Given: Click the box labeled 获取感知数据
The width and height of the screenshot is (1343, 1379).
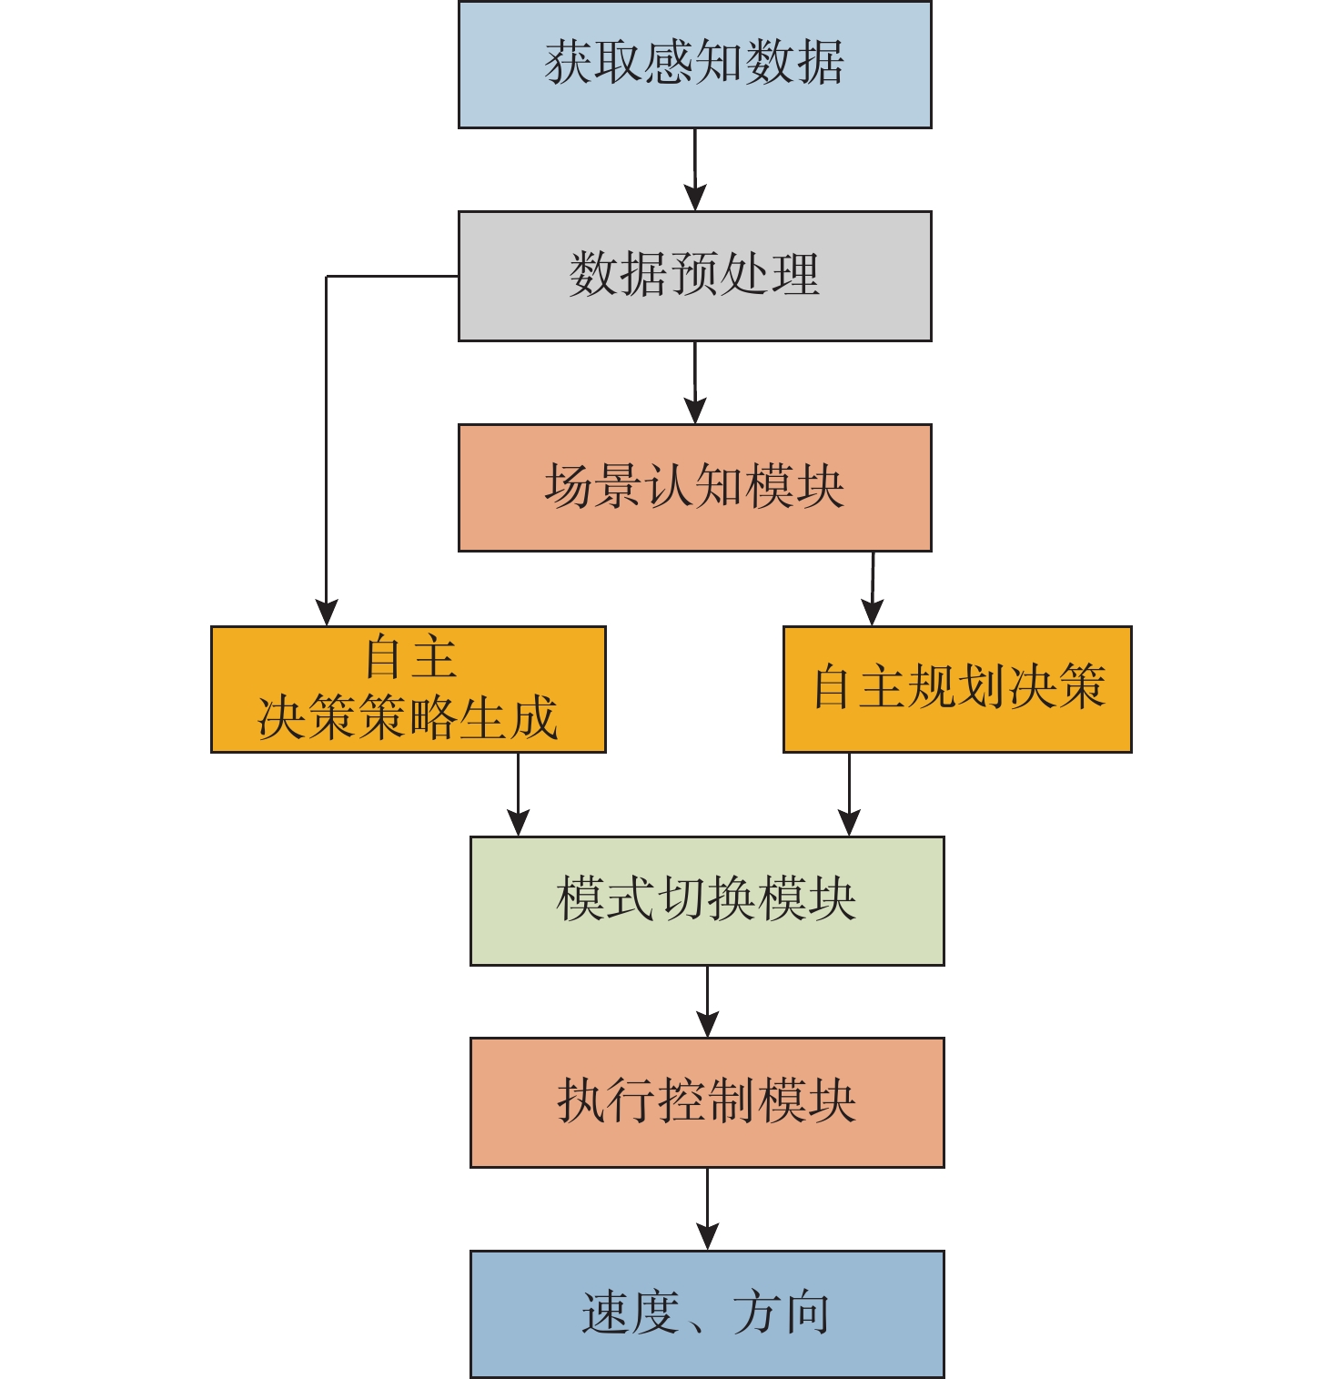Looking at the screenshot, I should click(694, 65).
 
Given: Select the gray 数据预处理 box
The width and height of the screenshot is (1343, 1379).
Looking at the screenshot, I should click(694, 276).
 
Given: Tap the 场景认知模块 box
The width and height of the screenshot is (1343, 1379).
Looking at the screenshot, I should click(694, 488).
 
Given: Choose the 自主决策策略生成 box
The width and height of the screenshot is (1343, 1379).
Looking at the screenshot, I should click(408, 689).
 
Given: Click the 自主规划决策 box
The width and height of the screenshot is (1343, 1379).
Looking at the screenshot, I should click(957, 689).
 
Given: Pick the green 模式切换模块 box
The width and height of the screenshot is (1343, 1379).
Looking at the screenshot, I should click(707, 900).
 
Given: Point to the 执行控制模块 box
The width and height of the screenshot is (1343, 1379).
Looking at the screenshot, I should click(707, 1102).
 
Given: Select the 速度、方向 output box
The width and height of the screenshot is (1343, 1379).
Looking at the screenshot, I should click(707, 1313).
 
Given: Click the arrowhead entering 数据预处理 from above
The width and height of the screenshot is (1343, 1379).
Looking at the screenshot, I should click(695, 198).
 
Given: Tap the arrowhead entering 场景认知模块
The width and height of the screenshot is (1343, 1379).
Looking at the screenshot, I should click(695, 410).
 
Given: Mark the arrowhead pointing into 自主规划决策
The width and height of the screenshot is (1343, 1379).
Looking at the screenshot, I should click(872, 612).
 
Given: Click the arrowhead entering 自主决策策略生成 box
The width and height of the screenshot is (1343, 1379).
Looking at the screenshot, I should click(327, 612).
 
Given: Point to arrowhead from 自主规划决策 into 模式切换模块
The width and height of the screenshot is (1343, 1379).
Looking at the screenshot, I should click(849, 822).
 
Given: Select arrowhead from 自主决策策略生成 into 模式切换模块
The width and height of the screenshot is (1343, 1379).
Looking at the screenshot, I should click(518, 822).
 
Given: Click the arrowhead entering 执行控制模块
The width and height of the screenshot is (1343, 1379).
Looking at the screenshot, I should click(707, 1024).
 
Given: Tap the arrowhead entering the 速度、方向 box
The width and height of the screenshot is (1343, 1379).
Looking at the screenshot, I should click(707, 1236).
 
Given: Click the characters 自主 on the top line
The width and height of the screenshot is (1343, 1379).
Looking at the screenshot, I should click(409, 658).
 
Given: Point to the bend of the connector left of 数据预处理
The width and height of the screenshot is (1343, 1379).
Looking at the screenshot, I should click(327, 277).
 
